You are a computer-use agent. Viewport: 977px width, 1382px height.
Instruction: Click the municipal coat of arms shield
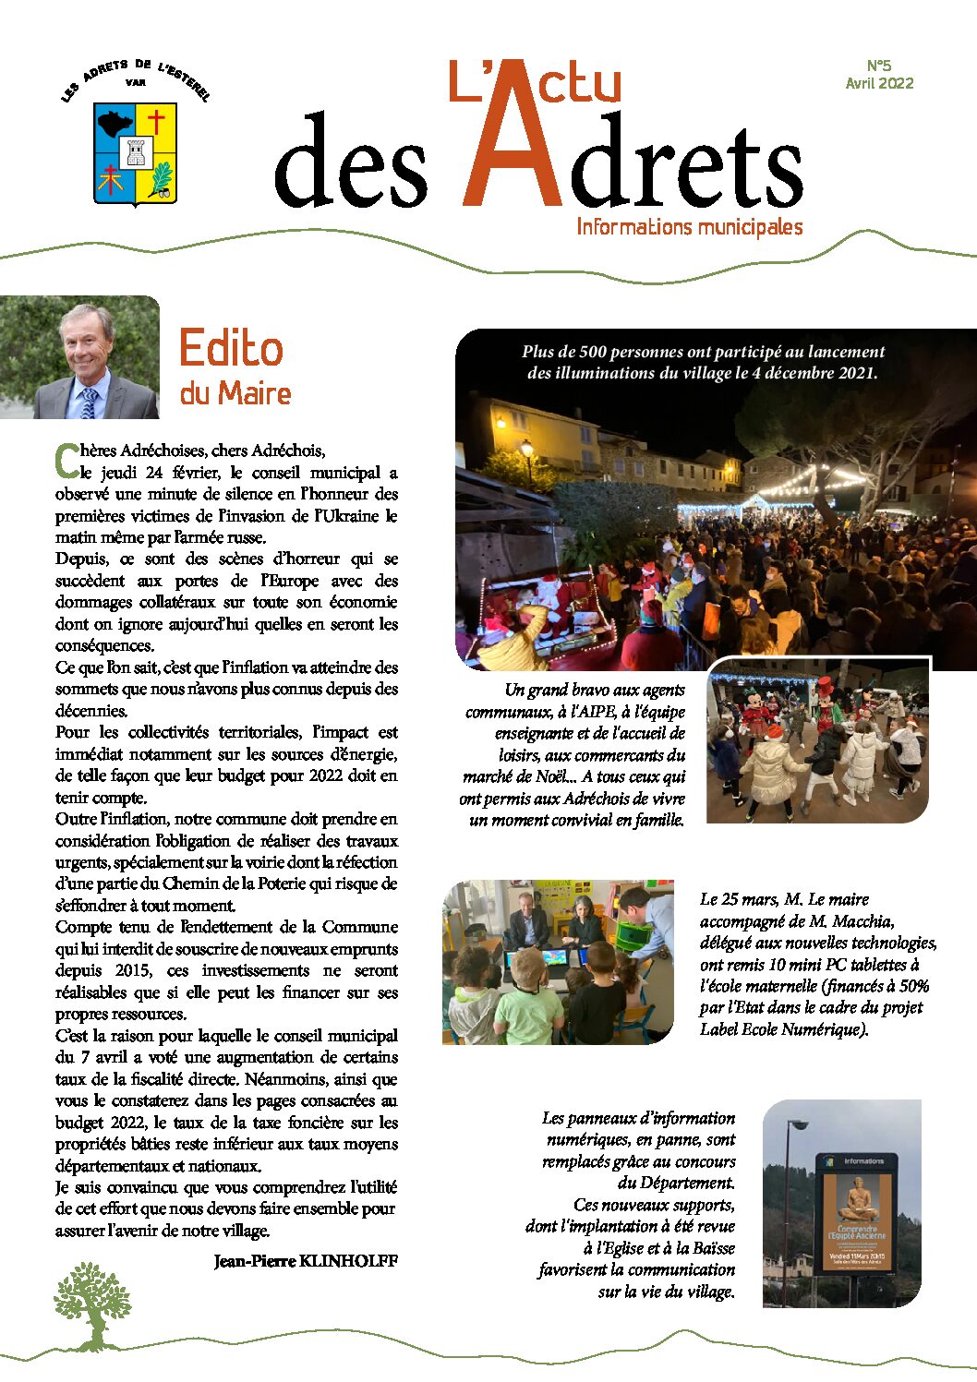pyautogui.click(x=135, y=152)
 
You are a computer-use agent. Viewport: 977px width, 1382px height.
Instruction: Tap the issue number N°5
pyautogui.click(x=879, y=66)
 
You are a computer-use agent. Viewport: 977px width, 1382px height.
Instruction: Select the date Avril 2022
pyautogui.click(x=879, y=83)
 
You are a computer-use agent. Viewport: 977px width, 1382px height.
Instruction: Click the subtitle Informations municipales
pyautogui.click(x=689, y=227)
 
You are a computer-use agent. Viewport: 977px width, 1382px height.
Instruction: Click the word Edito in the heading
pyautogui.click(x=231, y=349)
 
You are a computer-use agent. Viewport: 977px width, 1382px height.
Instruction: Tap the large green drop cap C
pyautogui.click(x=66, y=460)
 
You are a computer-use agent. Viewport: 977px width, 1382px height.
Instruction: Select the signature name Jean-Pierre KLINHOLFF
pyautogui.click(x=306, y=1261)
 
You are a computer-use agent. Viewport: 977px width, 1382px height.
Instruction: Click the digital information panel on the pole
pyautogui.click(x=856, y=1211)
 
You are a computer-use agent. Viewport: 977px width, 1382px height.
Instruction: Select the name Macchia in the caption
pyautogui.click(x=863, y=921)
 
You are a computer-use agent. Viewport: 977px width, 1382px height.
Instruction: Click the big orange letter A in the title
pyautogui.click(x=513, y=138)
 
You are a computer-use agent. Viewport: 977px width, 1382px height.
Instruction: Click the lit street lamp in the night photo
pyautogui.click(x=526, y=449)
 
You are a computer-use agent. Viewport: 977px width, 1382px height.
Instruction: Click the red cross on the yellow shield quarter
pyautogui.click(x=156, y=121)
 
